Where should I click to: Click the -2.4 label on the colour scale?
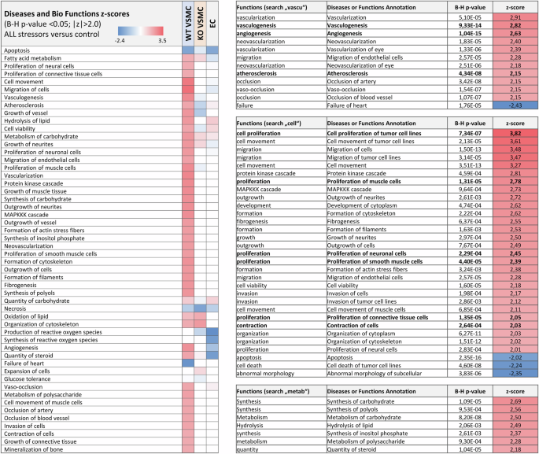[121, 38]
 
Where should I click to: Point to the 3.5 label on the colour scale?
[161, 38]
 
